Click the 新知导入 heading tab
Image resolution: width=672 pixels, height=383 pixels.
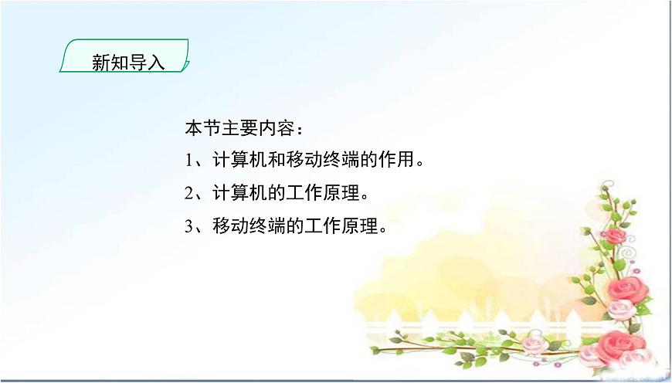(x=127, y=59)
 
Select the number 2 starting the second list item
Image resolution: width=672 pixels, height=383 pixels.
(x=190, y=193)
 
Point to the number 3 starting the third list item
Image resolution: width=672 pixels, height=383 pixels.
(x=190, y=226)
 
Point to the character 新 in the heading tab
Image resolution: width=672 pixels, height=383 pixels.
(x=100, y=63)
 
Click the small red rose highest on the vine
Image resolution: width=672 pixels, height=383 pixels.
(x=613, y=236)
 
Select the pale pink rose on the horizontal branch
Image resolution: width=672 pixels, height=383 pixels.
(x=532, y=344)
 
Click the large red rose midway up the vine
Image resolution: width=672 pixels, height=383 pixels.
(x=625, y=290)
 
